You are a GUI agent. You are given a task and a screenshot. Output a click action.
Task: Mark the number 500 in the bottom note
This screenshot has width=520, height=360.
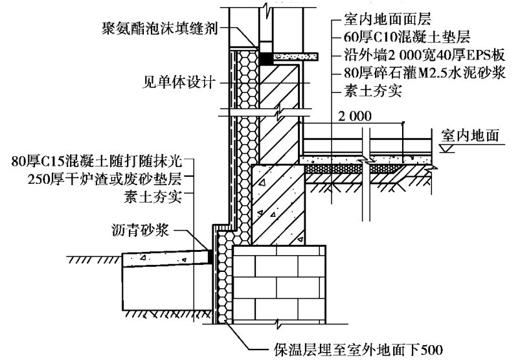pyautogui.click(x=431, y=349)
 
